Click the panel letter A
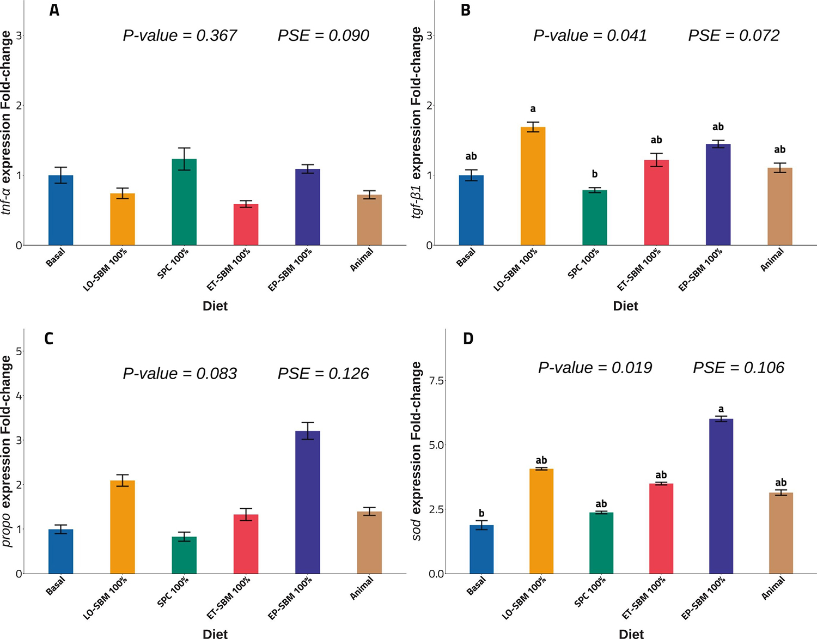pyautogui.click(x=54, y=10)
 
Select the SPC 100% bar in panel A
pyautogui.click(x=184, y=202)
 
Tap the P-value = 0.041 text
pyautogui.click(x=590, y=36)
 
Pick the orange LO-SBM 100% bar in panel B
pyautogui.click(x=533, y=186)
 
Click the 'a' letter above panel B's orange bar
pyautogui.click(x=533, y=109)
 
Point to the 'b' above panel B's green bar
pyautogui.click(x=594, y=174)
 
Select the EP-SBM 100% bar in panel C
pyautogui.click(x=308, y=502)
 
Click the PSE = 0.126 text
pyautogui.click(x=323, y=374)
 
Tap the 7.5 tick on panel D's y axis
pyautogui.click(x=436, y=380)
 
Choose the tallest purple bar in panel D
pyautogui.click(x=721, y=496)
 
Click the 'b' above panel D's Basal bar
pyautogui.click(x=481, y=513)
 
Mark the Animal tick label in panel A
pyautogui.click(x=362, y=260)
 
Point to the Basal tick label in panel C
pyautogui.click(x=56, y=586)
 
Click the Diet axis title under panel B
pyautogui.click(x=625, y=306)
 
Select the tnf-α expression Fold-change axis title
pyautogui.click(x=7, y=123)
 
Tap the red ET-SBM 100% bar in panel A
pyautogui.click(x=246, y=224)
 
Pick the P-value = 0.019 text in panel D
pyautogui.click(x=595, y=368)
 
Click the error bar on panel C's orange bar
pyautogui.click(x=123, y=480)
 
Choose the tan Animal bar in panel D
pyautogui.click(x=781, y=533)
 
